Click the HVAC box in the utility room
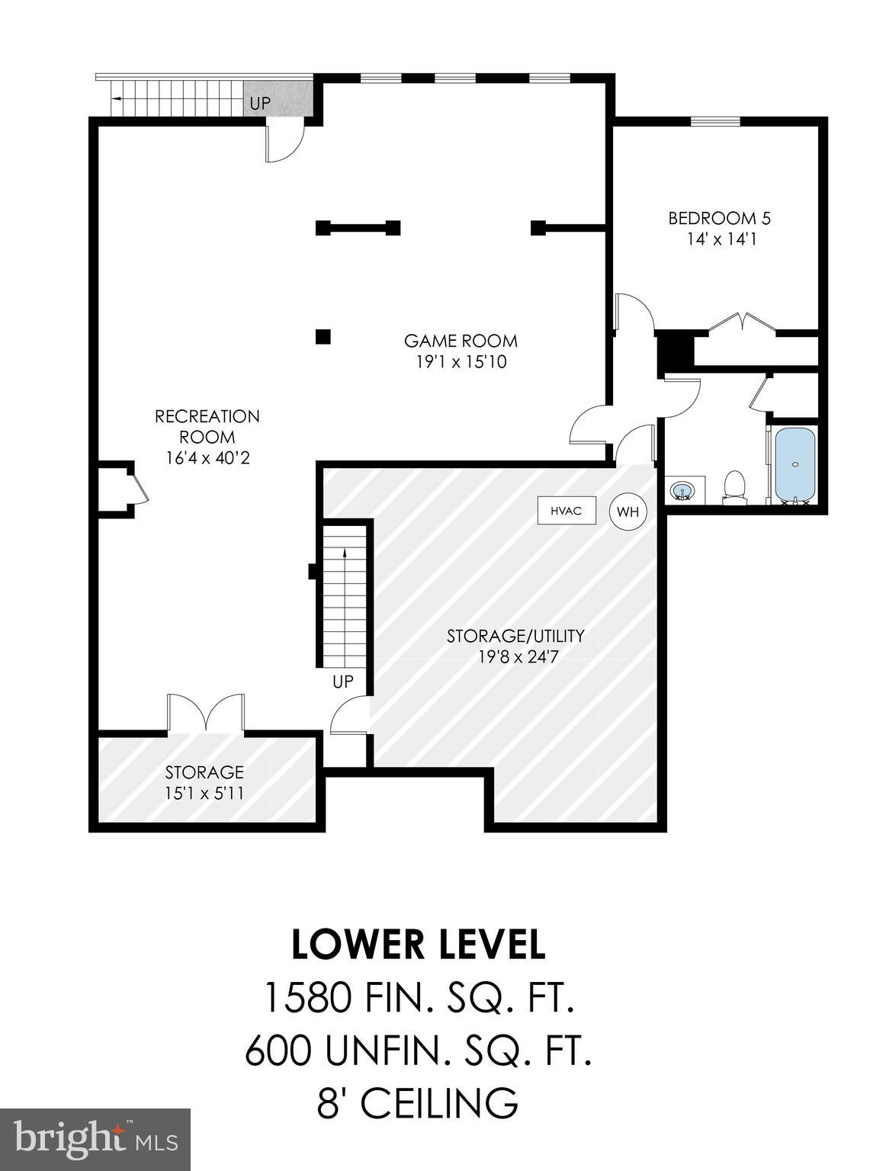pos(566,511)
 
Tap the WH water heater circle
pos(627,512)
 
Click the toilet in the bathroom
pos(733,486)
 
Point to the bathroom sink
pos(681,490)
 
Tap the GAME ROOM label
pos(461,341)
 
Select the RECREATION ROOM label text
pos(207,427)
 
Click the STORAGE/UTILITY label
pos(515,636)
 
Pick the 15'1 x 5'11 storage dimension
pos(204,794)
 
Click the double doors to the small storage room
pos(206,714)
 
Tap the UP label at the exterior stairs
pos(260,103)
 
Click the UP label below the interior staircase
pos(343,682)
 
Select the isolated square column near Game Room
pos(323,336)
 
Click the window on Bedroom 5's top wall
pos(715,121)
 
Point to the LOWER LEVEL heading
pos(419,945)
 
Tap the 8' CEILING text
pos(418,1103)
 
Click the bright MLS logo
pos(95,1140)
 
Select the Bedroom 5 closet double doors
pos(742,322)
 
